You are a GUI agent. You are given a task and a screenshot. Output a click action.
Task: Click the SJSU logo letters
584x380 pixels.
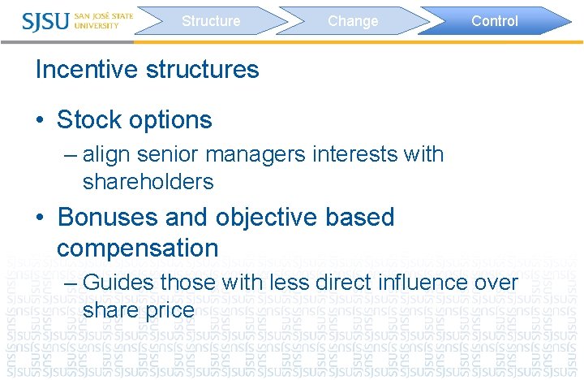coord(46,20)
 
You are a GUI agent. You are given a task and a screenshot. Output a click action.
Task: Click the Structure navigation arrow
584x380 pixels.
coord(211,21)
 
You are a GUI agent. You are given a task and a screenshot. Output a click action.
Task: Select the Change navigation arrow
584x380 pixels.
coord(353,21)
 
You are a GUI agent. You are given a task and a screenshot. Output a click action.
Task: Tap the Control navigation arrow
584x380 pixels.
coord(494,21)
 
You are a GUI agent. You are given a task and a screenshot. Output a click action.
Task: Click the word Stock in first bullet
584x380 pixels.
coord(88,120)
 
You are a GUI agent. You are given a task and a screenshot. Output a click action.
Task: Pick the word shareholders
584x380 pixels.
coord(148,182)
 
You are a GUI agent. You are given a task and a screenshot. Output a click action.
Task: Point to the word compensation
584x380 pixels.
coord(137,248)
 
